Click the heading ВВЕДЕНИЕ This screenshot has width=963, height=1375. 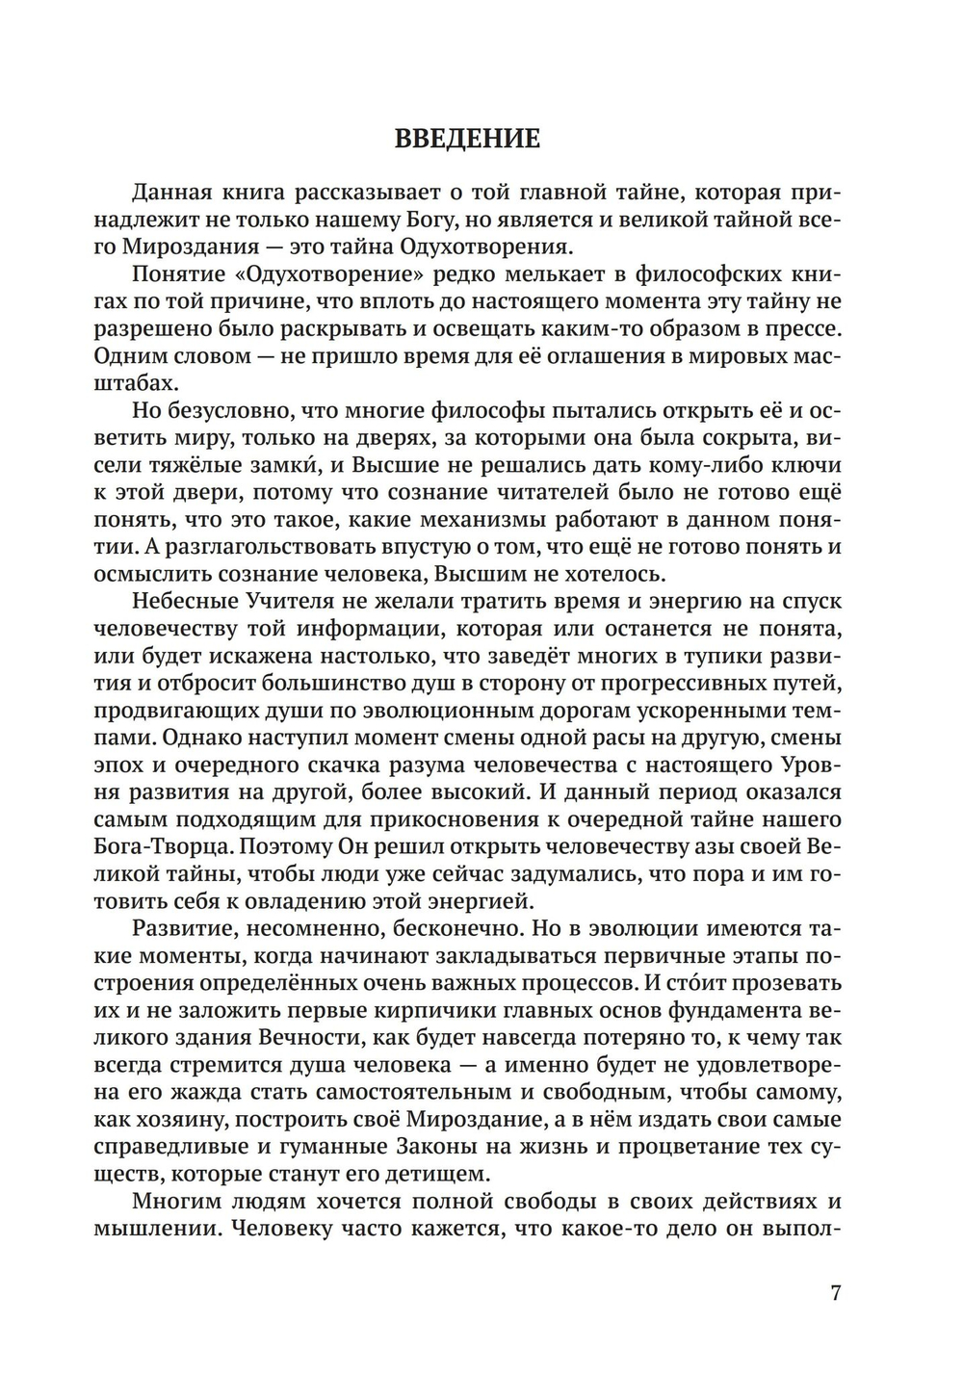[x=467, y=139]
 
